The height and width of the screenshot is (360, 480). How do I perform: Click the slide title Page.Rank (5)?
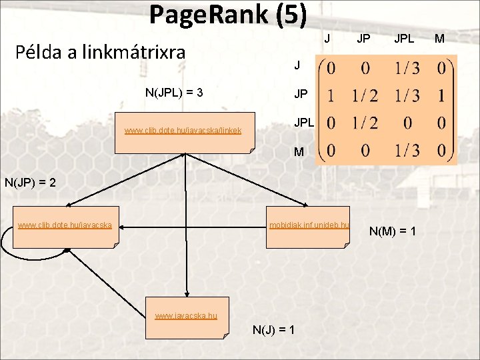click(x=227, y=15)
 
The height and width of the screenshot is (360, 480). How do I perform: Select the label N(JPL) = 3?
click(x=174, y=92)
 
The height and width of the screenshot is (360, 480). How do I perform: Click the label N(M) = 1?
click(x=393, y=231)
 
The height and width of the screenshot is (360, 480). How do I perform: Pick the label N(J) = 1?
click(x=274, y=330)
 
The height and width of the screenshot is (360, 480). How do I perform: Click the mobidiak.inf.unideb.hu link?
click(x=309, y=225)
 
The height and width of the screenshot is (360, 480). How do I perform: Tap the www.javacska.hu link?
click(x=186, y=315)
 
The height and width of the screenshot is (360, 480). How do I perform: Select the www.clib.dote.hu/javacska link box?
click(x=65, y=225)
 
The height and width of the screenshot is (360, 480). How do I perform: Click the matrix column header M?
click(x=440, y=39)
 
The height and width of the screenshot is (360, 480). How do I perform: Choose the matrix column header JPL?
click(x=404, y=39)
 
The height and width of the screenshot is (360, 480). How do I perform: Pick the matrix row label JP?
click(x=301, y=95)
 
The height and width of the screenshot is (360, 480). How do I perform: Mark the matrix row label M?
click(x=299, y=152)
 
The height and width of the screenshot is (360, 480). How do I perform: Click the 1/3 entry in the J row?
click(x=406, y=69)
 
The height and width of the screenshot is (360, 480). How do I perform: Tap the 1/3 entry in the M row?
click(x=406, y=151)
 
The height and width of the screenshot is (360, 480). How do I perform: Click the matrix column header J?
click(x=327, y=39)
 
